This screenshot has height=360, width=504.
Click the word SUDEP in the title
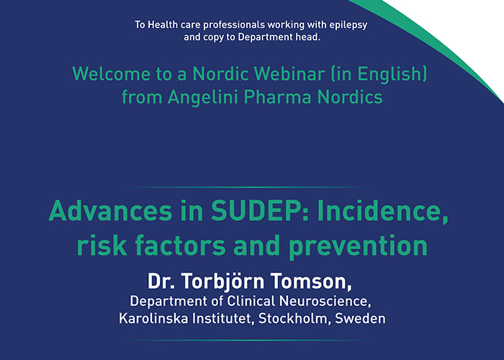pos(231,212)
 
